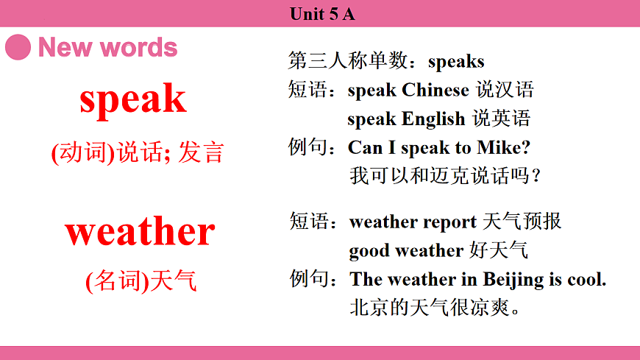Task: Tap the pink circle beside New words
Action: pyautogui.click(x=18, y=47)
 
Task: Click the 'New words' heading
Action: pyautogui.click(x=108, y=48)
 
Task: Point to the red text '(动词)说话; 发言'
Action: pyautogui.click(x=137, y=152)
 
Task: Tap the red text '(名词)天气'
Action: pyautogui.click(x=141, y=280)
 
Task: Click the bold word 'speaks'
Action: pyautogui.click(x=456, y=61)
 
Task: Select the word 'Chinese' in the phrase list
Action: pyautogui.click(x=435, y=90)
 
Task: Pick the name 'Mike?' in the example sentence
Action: pyautogui.click(x=504, y=147)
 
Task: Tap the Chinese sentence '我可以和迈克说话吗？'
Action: pyautogui.click(x=446, y=176)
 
